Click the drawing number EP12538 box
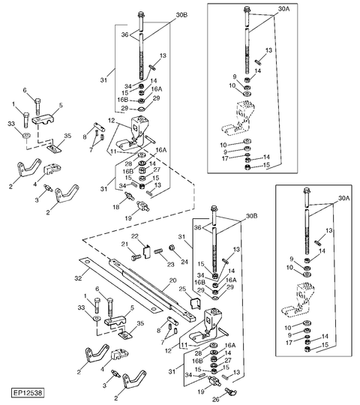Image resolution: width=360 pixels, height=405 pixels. click(x=28, y=392)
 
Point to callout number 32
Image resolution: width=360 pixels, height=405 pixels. click(x=78, y=278)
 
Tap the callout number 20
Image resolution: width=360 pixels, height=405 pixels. click(x=172, y=280)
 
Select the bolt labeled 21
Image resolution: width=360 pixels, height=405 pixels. click(x=136, y=257)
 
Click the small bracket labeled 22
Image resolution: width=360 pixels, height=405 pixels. click(x=147, y=252)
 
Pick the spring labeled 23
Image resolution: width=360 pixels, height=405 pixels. click(x=159, y=250)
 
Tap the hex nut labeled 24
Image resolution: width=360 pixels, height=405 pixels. click(x=172, y=247)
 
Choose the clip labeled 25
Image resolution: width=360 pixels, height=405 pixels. click(x=196, y=304)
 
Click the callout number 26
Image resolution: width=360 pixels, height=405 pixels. click(x=216, y=399)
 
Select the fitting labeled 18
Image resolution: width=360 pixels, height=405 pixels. click(x=130, y=196)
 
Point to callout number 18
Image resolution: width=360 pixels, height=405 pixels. click(x=116, y=207)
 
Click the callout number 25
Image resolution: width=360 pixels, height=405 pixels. click(x=182, y=289)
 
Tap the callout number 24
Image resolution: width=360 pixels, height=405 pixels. click(x=184, y=262)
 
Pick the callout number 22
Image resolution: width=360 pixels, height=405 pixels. click(x=135, y=236)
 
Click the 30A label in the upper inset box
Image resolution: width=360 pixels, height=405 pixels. click(x=284, y=9)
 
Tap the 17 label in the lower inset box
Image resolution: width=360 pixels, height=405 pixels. click(x=289, y=343)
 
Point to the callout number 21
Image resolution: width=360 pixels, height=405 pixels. click(x=125, y=244)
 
